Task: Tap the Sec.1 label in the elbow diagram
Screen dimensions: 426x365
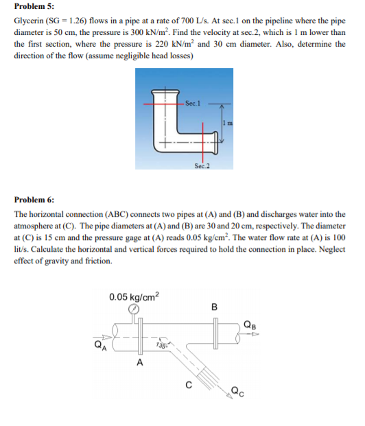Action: pos(193,104)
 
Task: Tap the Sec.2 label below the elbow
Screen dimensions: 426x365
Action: pos(201,166)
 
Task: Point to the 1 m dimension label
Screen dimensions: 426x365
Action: pos(225,123)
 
